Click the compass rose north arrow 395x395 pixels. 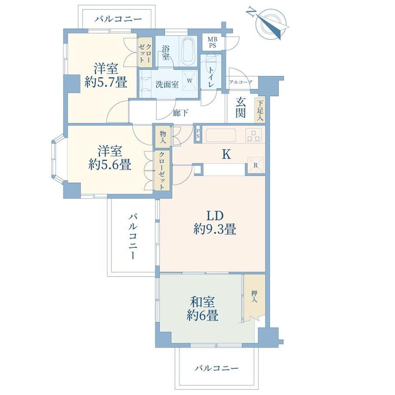[x=270, y=24]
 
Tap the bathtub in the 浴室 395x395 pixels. [x=188, y=51]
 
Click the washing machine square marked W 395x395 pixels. [x=190, y=80]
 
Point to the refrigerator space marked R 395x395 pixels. [x=256, y=165]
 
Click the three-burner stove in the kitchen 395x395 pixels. [x=254, y=135]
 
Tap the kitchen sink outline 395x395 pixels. [x=221, y=135]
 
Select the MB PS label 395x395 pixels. [x=212, y=43]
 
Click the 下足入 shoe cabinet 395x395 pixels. [x=260, y=110]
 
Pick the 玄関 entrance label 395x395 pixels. [x=240, y=108]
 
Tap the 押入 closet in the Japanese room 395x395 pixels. [x=255, y=298]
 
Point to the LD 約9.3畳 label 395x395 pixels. [x=215, y=222]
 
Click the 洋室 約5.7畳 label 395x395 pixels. [x=106, y=75]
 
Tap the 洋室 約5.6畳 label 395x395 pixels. [x=110, y=158]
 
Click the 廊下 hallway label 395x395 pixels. [x=180, y=113]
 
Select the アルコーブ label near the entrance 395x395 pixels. [x=240, y=82]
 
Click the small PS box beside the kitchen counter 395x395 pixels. [x=198, y=134]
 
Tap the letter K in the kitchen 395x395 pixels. [x=226, y=154]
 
